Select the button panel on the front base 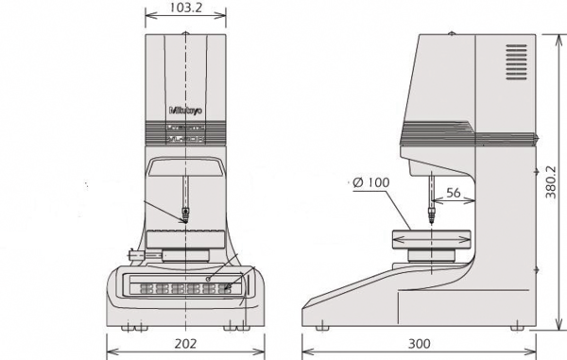[x=185, y=285]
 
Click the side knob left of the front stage [x=134, y=253]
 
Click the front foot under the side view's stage [x=324, y=324]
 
